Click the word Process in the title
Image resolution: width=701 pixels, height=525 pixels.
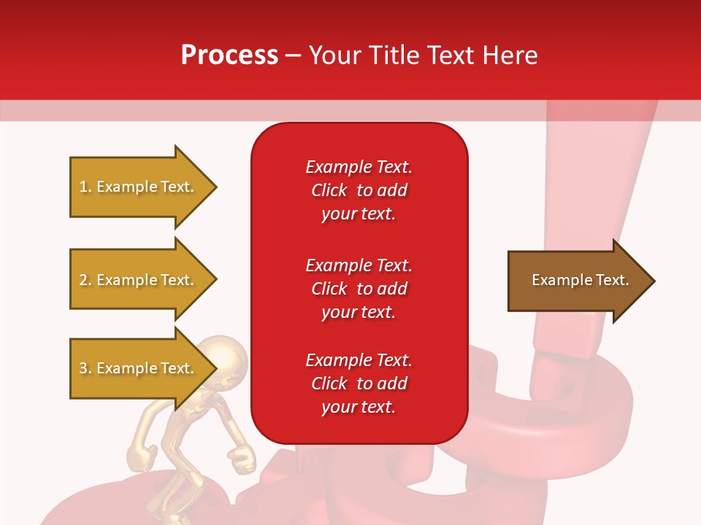tap(229, 55)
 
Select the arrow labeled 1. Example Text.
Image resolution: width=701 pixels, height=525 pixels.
tap(139, 187)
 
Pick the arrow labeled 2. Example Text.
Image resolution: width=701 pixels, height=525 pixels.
tap(139, 280)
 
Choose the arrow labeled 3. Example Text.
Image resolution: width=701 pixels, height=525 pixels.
tap(139, 368)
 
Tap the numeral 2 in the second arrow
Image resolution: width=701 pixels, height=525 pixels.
tap(83, 280)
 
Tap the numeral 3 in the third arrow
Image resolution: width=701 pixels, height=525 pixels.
tap(83, 368)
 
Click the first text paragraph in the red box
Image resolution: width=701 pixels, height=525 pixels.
tap(359, 190)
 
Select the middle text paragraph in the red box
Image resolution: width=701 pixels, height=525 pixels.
tap(359, 289)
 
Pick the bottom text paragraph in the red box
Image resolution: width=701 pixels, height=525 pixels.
tap(359, 384)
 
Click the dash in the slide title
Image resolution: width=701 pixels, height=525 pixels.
tap(293, 56)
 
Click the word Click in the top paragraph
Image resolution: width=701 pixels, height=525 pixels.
tap(329, 190)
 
